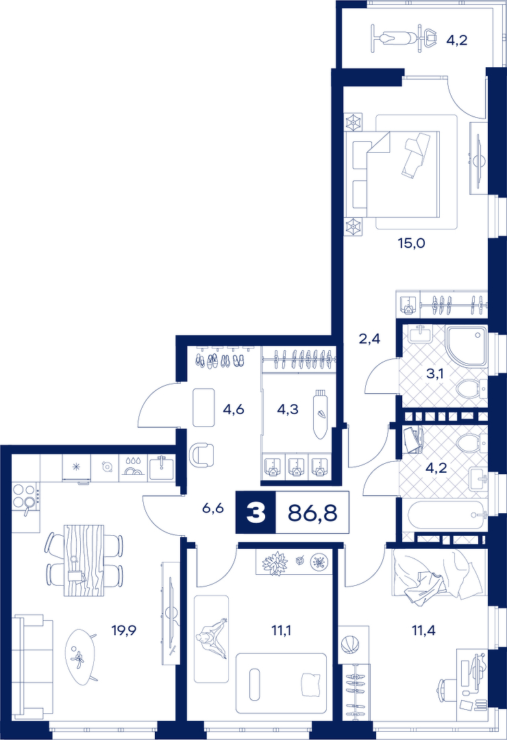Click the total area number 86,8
312,513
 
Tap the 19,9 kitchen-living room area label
124,630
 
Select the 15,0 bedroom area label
411,243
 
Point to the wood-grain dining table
84,560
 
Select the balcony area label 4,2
456,40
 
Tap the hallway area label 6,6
212,508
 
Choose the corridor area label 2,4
369,338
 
